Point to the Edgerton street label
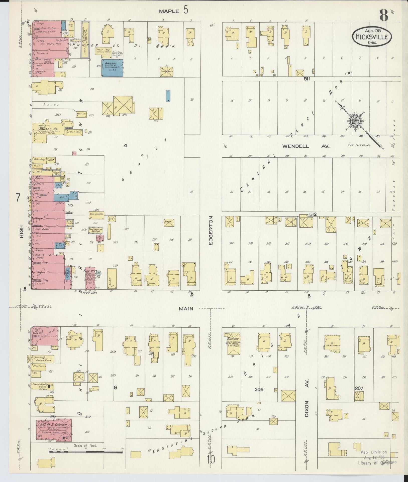211,230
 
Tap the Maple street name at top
170,11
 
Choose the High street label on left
22,231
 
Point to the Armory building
234,343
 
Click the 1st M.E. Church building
53,432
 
